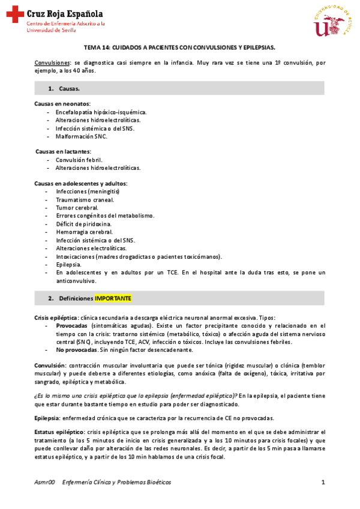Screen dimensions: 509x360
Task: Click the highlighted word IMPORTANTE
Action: point(113,298)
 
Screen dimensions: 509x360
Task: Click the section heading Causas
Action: point(70,89)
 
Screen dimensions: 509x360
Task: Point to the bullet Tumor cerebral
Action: point(77,208)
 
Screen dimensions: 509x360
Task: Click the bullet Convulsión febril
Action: point(79,160)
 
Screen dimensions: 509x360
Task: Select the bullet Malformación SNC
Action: point(81,136)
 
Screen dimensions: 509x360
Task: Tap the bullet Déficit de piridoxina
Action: point(84,224)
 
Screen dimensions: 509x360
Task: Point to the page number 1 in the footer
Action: point(323,482)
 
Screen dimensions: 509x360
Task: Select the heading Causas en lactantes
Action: point(63,152)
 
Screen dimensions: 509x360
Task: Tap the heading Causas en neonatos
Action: point(62,104)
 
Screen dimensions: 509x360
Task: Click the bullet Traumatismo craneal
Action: point(85,200)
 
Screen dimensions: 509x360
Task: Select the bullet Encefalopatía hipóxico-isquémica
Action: point(101,112)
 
